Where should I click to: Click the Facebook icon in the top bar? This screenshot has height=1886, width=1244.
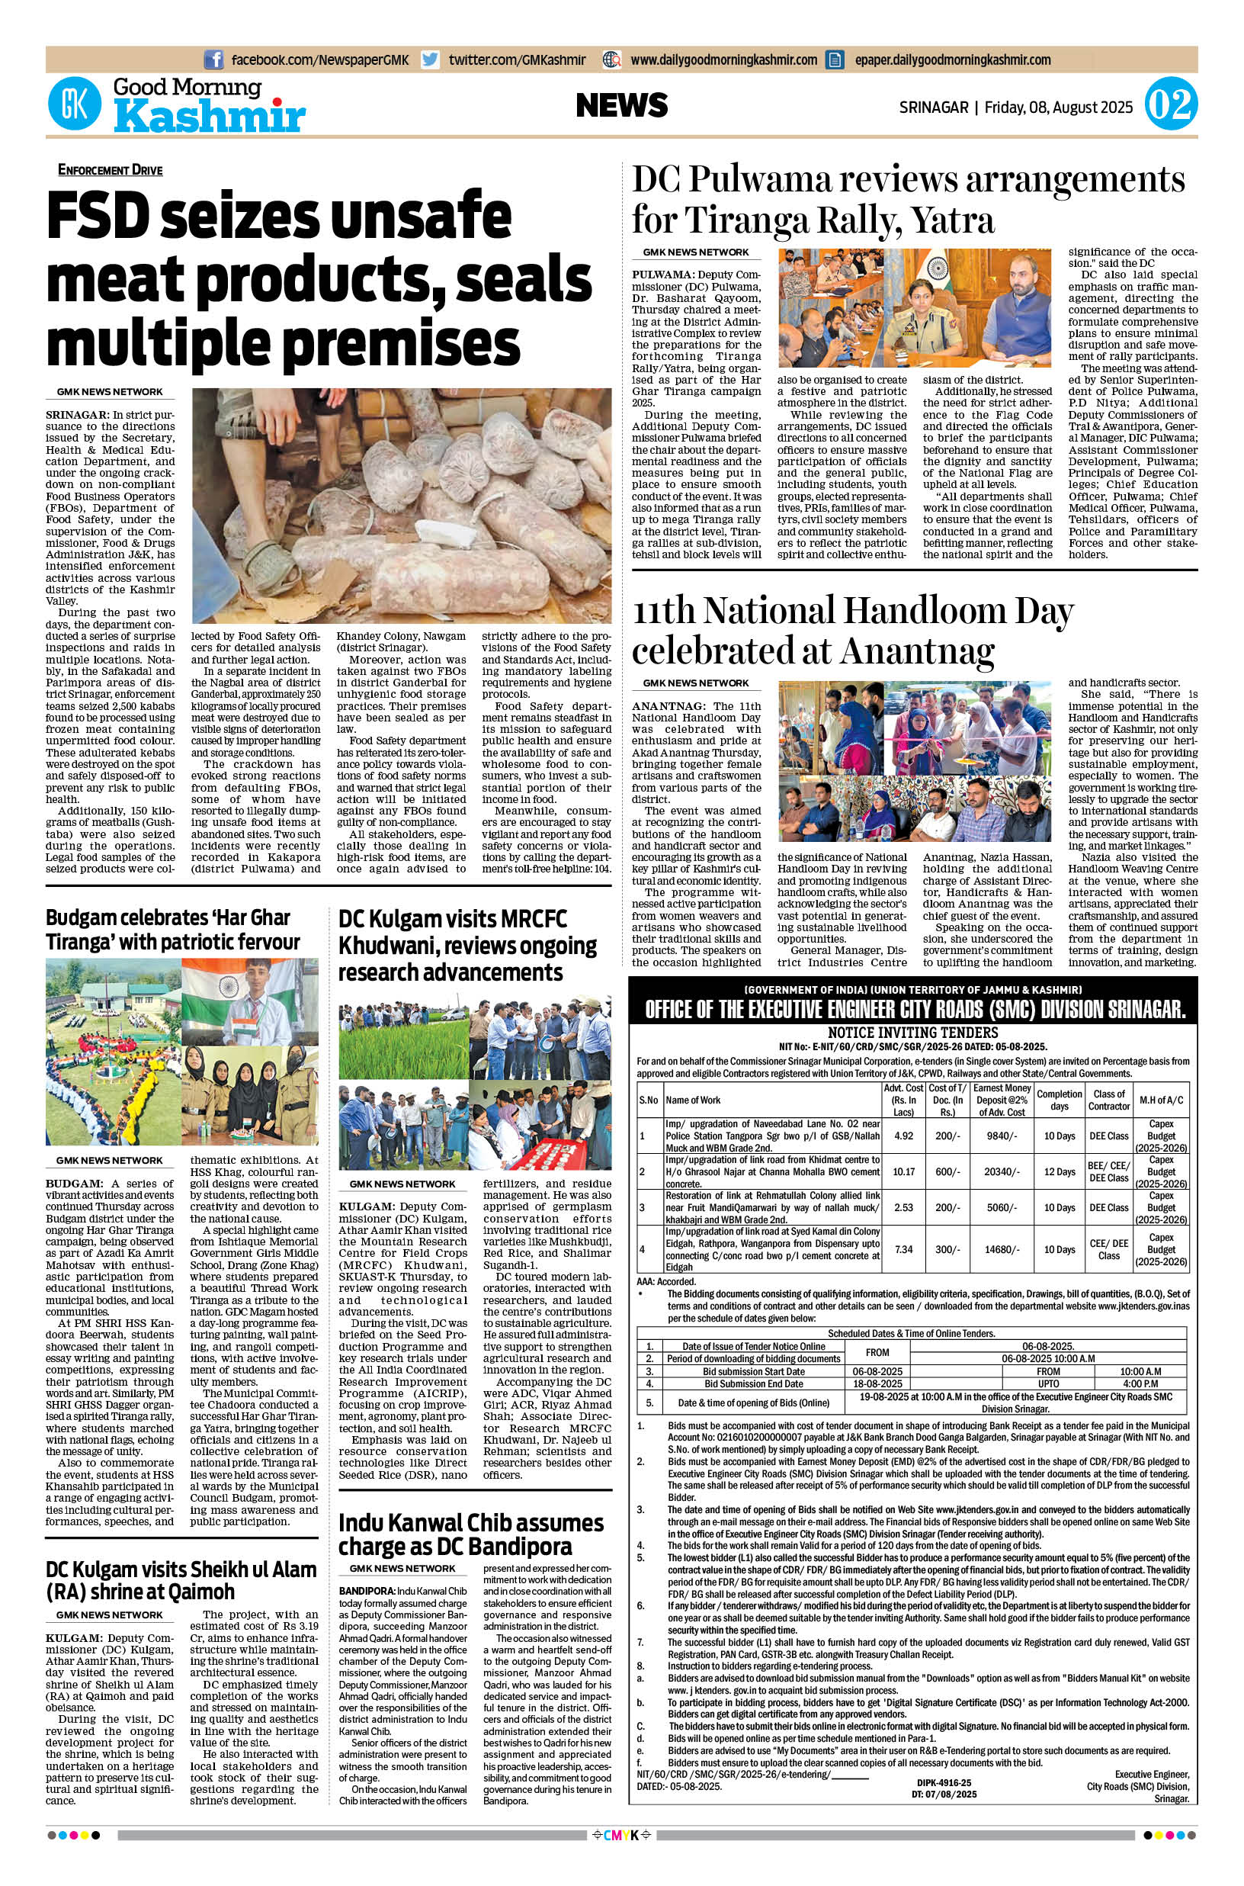tap(213, 59)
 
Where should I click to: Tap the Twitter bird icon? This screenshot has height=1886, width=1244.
tap(431, 59)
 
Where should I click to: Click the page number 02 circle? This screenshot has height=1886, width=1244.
tap(1170, 105)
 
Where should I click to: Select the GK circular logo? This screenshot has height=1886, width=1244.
tap(75, 105)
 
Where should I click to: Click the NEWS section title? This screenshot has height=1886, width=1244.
tap(621, 104)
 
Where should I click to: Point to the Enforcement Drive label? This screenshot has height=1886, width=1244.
tap(110, 169)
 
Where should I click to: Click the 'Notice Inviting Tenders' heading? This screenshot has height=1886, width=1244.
tap(912, 1033)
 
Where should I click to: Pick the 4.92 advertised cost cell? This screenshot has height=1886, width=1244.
tap(903, 1136)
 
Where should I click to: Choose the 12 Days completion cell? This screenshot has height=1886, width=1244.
tap(1059, 1171)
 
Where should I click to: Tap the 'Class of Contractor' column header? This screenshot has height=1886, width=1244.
tap(1108, 1100)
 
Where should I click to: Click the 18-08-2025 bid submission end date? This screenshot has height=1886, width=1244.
tap(877, 1383)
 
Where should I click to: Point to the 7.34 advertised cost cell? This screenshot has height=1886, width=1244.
tap(903, 1249)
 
